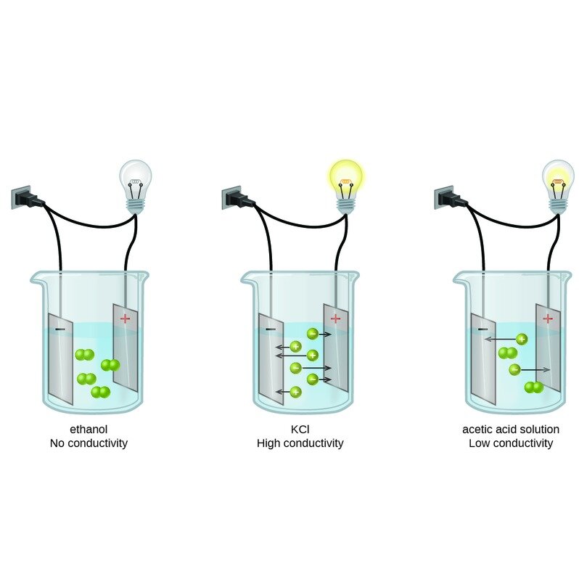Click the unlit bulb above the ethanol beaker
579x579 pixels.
136,186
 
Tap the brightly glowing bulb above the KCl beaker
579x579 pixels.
346,186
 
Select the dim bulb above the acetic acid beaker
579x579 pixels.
558,186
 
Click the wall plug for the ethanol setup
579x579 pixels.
27,198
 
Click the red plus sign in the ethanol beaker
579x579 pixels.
126,318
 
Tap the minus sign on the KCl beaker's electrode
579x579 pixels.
271,329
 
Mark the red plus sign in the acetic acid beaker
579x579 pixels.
548,318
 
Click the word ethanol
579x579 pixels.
89,430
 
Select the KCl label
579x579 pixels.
300,430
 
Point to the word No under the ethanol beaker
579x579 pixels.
57,443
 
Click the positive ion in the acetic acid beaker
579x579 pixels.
522,339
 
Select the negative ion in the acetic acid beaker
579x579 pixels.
514,369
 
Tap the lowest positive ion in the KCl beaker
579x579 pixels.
295,392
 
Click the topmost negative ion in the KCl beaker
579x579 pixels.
313,334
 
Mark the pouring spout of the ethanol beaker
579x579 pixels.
36,279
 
